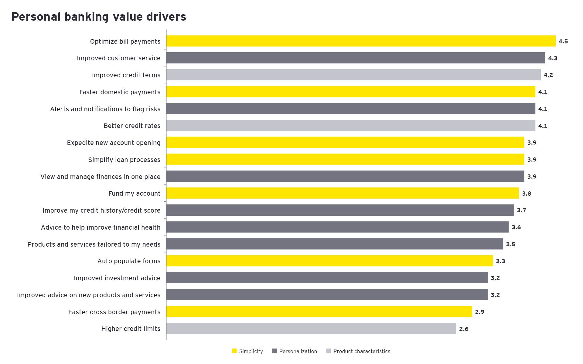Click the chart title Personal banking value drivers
coord(99,17)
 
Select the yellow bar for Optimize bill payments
coord(361,41)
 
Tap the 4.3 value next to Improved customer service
coord(553,58)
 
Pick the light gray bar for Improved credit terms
coord(353,75)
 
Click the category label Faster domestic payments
coord(120,92)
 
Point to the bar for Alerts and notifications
coord(351,109)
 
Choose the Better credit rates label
coord(132,126)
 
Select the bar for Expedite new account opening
coord(345,143)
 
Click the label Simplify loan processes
coord(124,160)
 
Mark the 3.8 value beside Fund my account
coord(527,194)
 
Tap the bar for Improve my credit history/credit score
coord(340,210)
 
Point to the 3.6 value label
coord(516,227)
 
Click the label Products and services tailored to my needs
coord(94,244)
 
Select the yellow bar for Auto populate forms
coord(330,261)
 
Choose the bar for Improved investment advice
coord(327,278)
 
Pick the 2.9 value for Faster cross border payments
coord(480,312)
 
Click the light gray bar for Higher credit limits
coord(311,329)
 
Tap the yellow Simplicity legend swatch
coord(234,351)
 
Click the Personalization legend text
coord(298,351)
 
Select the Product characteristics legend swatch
coord(329,351)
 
